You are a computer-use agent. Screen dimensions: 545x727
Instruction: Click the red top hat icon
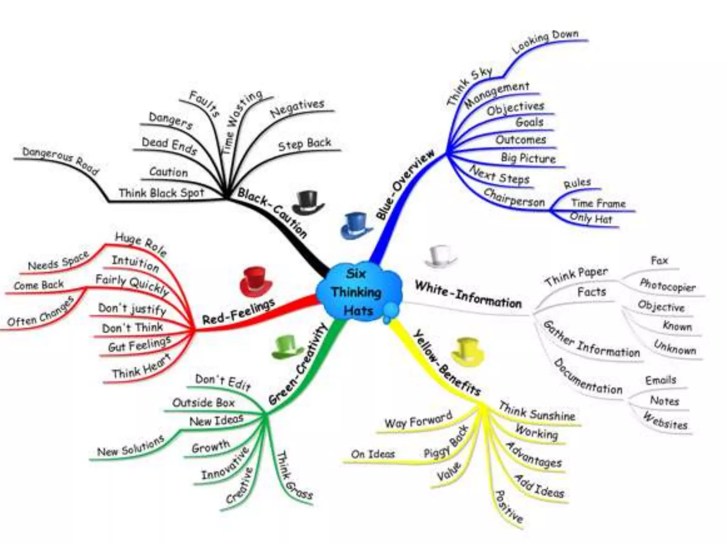(x=255, y=282)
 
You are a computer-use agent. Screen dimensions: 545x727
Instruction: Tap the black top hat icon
(x=307, y=203)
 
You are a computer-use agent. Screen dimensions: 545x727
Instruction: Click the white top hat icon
(x=440, y=256)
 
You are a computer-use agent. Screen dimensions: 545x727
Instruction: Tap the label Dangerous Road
(x=60, y=160)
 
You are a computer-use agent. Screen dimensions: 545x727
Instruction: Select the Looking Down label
(x=545, y=42)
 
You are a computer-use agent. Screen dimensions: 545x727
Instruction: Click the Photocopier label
(x=667, y=285)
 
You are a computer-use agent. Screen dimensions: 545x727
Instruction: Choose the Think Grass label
(x=294, y=475)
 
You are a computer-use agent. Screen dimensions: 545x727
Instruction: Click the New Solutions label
(x=131, y=446)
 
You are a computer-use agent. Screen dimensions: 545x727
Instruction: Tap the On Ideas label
(x=373, y=454)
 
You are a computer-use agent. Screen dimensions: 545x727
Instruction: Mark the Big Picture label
(x=528, y=158)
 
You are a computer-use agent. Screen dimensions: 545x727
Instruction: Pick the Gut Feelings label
(x=140, y=344)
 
